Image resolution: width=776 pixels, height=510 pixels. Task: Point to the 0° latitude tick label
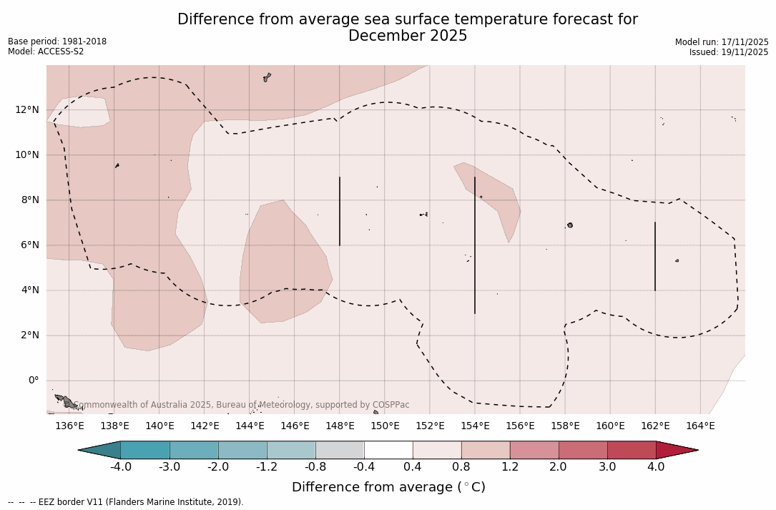click(x=33, y=381)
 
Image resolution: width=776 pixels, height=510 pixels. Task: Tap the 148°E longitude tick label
click(x=340, y=426)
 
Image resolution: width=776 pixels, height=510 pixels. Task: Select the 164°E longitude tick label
click(x=700, y=426)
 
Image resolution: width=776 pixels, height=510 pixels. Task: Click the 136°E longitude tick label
click(x=69, y=426)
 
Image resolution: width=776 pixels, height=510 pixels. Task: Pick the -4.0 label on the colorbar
click(x=120, y=467)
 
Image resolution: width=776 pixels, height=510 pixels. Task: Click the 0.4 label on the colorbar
click(x=413, y=467)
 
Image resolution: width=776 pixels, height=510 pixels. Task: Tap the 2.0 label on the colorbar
click(x=558, y=467)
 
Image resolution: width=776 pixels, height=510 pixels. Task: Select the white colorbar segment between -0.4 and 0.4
click(x=388, y=450)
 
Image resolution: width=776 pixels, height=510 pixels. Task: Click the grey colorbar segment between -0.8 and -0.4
click(x=340, y=450)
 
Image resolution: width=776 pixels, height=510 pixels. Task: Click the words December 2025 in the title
click(x=408, y=36)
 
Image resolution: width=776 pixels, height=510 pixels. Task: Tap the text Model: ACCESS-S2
click(x=46, y=52)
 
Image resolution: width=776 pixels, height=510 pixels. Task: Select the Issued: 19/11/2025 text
click(x=728, y=52)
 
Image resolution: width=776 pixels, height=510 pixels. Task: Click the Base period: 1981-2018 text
click(x=57, y=41)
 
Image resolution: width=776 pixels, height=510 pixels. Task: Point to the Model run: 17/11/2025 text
click(x=722, y=42)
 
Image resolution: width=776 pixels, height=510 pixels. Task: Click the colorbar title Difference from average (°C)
click(x=388, y=487)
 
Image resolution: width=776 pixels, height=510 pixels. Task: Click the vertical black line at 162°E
click(x=654, y=256)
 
